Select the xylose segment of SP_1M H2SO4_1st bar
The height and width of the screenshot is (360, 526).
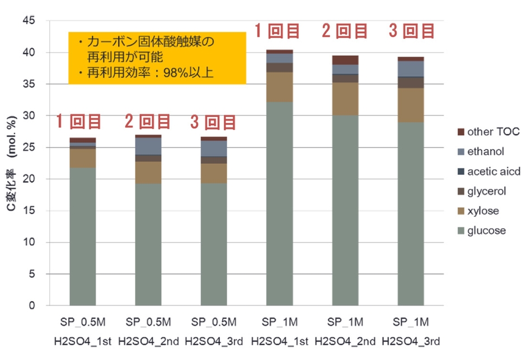click(279, 87)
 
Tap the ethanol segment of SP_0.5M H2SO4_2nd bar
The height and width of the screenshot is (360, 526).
click(148, 146)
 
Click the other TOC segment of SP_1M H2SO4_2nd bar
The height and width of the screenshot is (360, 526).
click(345, 60)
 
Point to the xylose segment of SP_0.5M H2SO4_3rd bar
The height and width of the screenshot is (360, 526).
click(214, 173)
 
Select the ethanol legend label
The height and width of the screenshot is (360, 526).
click(486, 152)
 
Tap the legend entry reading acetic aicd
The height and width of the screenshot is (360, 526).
click(494, 171)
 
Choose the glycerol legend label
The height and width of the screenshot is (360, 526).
click(487, 191)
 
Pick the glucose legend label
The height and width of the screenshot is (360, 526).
click(486, 231)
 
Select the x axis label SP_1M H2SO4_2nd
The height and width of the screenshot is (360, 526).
click(345, 331)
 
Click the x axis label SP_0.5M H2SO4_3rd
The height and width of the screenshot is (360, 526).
click(214, 331)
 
